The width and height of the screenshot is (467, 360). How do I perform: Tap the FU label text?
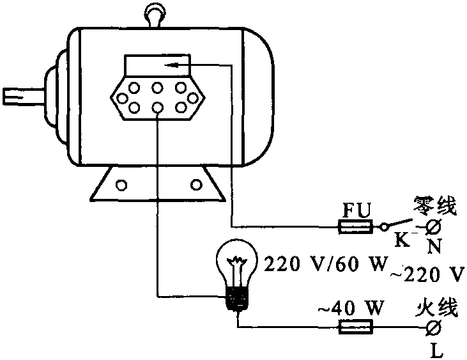coord(356,210)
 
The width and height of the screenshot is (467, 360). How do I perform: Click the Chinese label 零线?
coord(436,206)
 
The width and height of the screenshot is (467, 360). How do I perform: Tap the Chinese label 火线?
coord(437,309)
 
